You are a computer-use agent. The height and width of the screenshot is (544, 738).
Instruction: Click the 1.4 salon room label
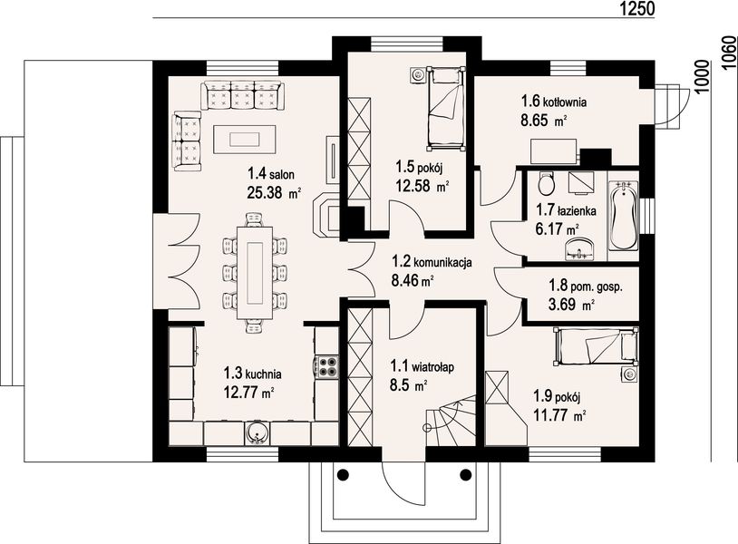click(271, 175)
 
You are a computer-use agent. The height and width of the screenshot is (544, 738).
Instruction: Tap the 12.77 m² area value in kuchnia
click(249, 393)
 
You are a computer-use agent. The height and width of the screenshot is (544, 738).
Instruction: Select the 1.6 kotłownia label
click(553, 102)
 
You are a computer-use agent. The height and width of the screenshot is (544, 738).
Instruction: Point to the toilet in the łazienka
click(546, 184)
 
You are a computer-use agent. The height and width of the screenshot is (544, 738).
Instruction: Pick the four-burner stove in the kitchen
click(327, 366)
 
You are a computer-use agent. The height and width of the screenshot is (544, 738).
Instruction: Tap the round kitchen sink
click(257, 433)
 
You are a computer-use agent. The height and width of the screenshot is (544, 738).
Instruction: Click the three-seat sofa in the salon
click(242, 94)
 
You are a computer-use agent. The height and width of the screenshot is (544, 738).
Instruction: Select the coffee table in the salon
click(244, 139)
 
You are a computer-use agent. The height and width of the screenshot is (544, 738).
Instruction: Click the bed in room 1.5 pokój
click(446, 108)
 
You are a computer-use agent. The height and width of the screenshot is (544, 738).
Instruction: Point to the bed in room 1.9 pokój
click(596, 347)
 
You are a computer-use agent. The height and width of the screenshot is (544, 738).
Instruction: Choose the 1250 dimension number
click(636, 8)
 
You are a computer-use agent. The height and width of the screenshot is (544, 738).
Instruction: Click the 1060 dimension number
click(729, 52)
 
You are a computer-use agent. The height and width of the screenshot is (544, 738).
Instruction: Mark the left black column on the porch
click(343, 474)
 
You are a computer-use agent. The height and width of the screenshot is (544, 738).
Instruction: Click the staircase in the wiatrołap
click(451, 420)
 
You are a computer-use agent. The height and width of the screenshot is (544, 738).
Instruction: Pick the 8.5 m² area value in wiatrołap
click(409, 386)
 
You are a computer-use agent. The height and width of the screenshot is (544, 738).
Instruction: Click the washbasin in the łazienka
click(579, 249)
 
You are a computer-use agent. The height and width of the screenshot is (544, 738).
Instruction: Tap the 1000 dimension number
click(702, 77)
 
